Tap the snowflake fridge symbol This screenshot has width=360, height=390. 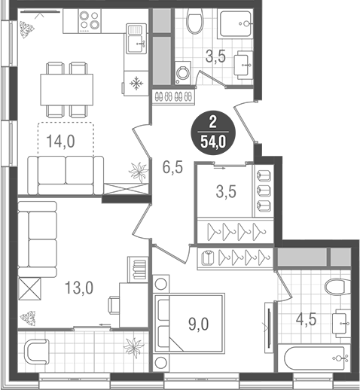click(x=136, y=82)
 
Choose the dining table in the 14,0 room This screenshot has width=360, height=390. click(x=67, y=81)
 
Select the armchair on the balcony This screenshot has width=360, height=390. click(x=37, y=352)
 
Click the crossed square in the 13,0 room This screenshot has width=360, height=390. click(x=29, y=288)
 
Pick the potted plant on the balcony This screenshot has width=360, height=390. click(x=133, y=348)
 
